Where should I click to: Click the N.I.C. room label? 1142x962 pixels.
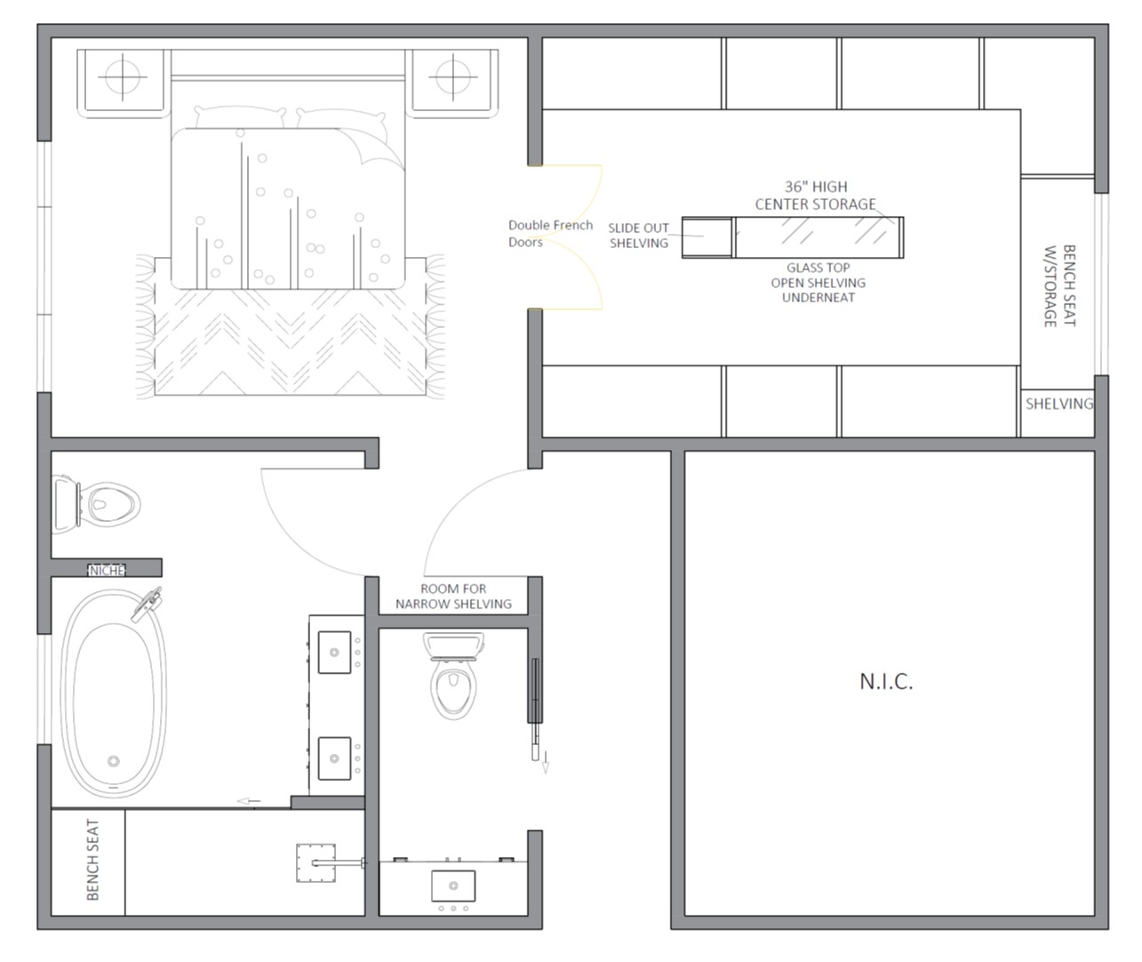(886, 682)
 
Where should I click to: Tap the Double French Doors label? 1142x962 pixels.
(550, 234)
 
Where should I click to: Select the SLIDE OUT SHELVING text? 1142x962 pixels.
(639, 236)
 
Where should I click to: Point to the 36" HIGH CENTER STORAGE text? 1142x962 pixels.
(816, 196)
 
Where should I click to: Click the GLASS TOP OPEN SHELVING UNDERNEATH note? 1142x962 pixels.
(819, 283)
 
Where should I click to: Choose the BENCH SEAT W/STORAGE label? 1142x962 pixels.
(1060, 285)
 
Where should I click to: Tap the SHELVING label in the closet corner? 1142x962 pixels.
(1058, 404)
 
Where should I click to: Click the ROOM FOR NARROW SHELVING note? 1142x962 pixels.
(453, 596)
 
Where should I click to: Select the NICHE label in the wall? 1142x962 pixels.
(107, 571)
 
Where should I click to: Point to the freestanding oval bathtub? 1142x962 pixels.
(114, 693)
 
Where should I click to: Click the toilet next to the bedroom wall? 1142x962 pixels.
(96, 504)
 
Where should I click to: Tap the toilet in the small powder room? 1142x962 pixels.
(453, 675)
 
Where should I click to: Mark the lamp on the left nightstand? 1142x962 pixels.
(123, 76)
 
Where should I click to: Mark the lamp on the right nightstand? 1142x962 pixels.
(453, 76)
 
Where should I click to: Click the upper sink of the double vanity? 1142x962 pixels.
(334, 653)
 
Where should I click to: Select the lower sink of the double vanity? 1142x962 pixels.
(334, 758)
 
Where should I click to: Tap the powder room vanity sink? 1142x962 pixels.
(453, 886)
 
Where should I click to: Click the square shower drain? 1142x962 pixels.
(315, 863)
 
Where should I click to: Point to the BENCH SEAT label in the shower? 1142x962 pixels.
(93, 860)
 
